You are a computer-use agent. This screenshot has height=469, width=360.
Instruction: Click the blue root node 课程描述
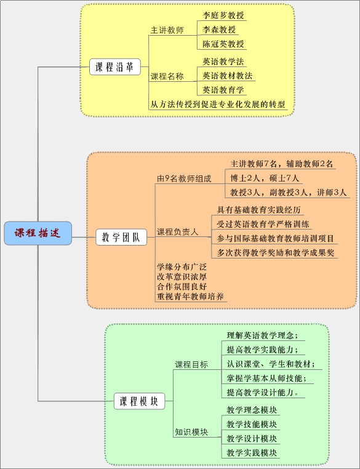38,233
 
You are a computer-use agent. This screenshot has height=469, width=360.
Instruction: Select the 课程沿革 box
115,66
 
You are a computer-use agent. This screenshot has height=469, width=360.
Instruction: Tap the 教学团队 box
121,237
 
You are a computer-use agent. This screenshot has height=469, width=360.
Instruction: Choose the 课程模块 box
139,401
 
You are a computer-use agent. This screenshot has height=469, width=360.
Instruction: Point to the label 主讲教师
167,30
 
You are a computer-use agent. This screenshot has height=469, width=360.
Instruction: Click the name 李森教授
219,30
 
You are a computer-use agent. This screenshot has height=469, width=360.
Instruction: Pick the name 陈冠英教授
223,44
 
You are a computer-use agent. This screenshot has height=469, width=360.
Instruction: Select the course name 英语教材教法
227,76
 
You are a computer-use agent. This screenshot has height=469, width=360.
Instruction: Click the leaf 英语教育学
223,90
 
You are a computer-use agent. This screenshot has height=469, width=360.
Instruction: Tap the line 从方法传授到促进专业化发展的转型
218,105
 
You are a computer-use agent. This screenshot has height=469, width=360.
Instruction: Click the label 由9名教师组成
184,178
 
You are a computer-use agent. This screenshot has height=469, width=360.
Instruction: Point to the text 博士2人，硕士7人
265,178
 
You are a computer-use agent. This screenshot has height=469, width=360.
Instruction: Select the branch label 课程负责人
178,232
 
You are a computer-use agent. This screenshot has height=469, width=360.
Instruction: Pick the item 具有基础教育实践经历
258,210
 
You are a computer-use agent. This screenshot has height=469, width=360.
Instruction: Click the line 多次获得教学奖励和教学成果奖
275,253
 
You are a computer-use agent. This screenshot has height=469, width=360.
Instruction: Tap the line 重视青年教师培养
190,297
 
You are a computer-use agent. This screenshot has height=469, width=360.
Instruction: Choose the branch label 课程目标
191,364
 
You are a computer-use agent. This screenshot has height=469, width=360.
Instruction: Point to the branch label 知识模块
191,432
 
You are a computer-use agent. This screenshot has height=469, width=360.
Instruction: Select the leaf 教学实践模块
252,453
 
